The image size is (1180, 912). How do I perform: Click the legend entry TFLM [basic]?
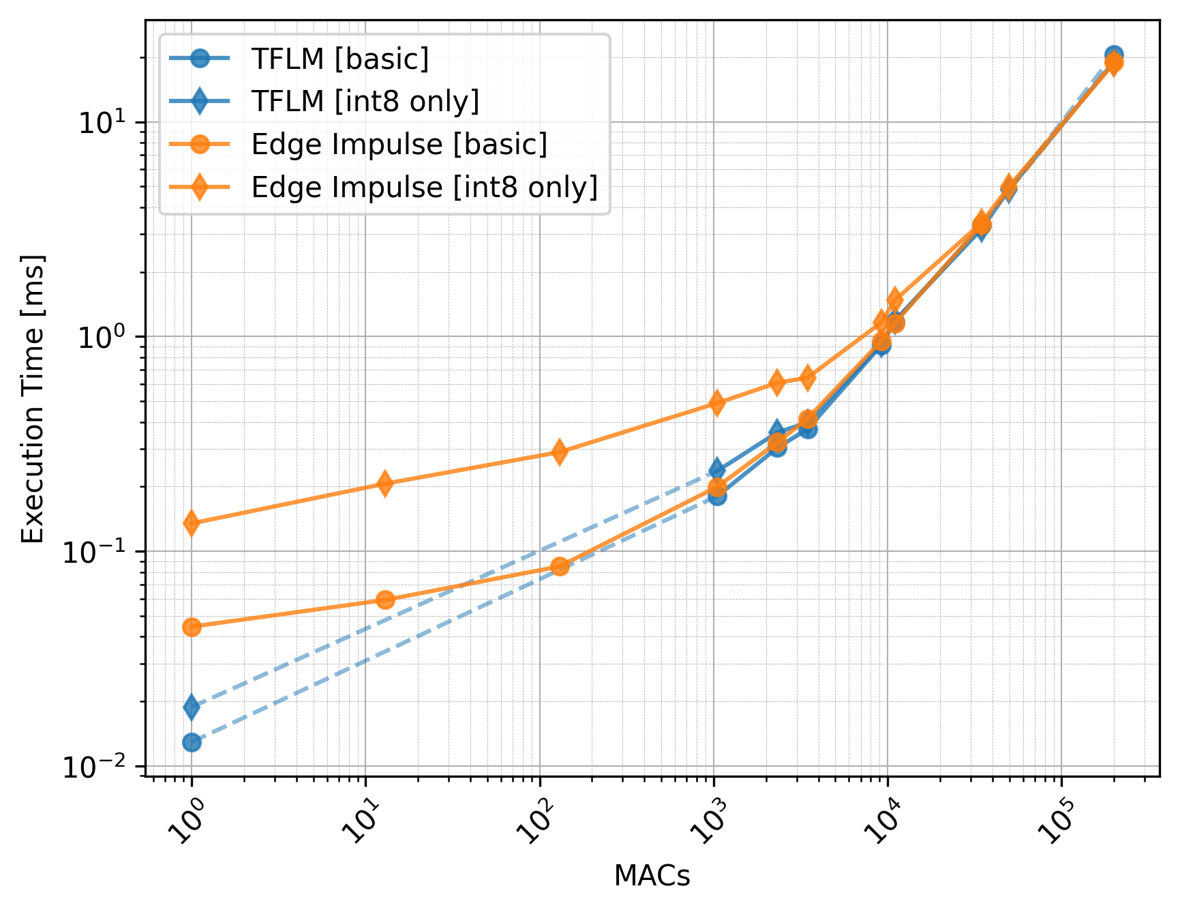(x=339, y=59)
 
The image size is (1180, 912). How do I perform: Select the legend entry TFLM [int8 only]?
(x=365, y=101)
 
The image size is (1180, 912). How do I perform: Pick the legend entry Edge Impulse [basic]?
(x=399, y=145)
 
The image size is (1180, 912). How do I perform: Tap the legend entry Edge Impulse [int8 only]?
(x=424, y=187)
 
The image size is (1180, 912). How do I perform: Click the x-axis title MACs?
(x=652, y=876)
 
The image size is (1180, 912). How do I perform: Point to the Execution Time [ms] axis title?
(x=33, y=399)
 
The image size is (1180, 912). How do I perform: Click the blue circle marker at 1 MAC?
(x=192, y=742)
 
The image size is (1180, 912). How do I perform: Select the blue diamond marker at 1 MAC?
(x=192, y=707)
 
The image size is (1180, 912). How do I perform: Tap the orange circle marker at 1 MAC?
(x=192, y=627)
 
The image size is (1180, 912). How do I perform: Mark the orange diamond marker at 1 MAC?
(x=192, y=523)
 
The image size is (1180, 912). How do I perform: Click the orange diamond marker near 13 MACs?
(x=385, y=484)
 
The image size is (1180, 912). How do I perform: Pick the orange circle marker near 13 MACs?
(x=385, y=600)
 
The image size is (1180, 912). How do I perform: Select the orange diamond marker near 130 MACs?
(x=560, y=452)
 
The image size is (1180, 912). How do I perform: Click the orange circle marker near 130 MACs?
(x=560, y=565)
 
